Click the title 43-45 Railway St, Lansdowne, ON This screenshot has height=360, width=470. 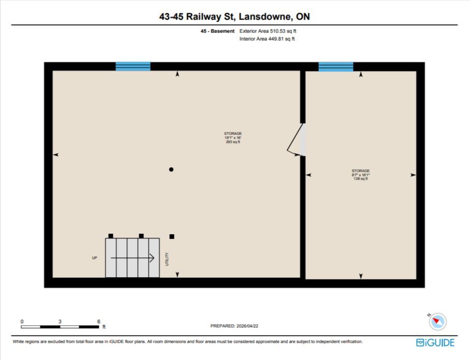pos(234,17)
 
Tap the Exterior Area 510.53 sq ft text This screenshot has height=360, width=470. pos(268,31)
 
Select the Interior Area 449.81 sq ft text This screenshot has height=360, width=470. pos(267,39)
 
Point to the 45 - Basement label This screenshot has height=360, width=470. pos(217,31)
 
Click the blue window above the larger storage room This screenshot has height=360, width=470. pos(133,66)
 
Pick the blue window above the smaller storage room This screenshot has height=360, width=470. pos(336,67)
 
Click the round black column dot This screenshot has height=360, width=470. pos(171,169)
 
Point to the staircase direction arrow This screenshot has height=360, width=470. pos(133,258)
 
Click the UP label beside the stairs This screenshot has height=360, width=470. pos(94,258)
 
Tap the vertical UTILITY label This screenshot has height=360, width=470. pos(167,259)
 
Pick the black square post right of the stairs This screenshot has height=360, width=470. pos(172,236)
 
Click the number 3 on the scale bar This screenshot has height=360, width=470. pos(60,321)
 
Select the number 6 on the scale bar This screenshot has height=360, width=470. pos(99,321)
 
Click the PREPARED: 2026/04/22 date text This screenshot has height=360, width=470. pos(234,326)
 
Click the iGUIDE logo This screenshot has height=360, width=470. pos(435,342)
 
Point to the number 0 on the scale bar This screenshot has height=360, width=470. pos(22,321)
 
